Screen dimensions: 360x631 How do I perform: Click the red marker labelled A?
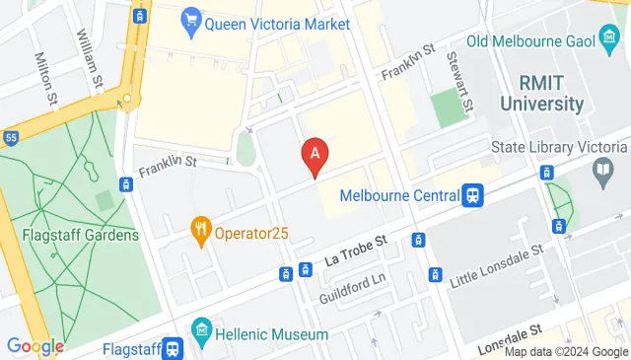315,155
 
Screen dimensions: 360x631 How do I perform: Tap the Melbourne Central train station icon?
474,195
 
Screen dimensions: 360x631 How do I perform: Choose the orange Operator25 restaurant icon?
202,230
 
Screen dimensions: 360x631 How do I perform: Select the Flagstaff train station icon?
173,347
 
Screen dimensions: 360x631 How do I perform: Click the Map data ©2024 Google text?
566,350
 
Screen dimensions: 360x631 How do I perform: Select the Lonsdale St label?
510,338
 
